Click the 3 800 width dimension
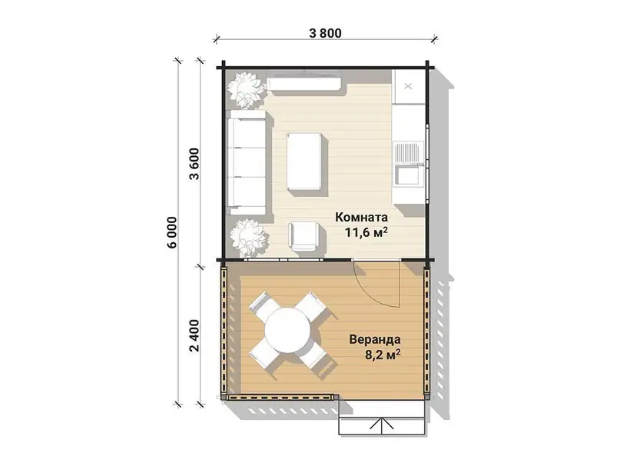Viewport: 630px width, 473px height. pyautogui.click(x=325, y=32)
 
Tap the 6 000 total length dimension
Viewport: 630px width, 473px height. pyautogui.click(x=171, y=232)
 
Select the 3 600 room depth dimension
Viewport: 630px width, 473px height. pyautogui.click(x=194, y=164)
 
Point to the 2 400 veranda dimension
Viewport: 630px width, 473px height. pyautogui.click(x=194, y=335)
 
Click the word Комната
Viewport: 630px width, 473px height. pyautogui.click(x=361, y=217)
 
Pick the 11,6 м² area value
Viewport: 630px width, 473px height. pyautogui.click(x=366, y=232)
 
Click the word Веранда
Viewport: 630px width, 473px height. pyautogui.click(x=374, y=339)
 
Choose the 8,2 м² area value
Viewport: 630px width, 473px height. pyautogui.click(x=383, y=355)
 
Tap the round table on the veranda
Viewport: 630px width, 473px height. pyautogui.click(x=287, y=331)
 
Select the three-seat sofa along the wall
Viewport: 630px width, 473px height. pyautogui.click(x=247, y=162)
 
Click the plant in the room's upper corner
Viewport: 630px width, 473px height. pyautogui.click(x=246, y=90)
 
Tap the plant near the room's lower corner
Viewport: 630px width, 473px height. pyautogui.click(x=249, y=238)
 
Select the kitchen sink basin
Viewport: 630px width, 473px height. pyautogui.click(x=407, y=176)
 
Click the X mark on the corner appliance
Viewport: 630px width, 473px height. pyautogui.click(x=408, y=86)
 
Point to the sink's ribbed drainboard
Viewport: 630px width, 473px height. pyautogui.click(x=407, y=152)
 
